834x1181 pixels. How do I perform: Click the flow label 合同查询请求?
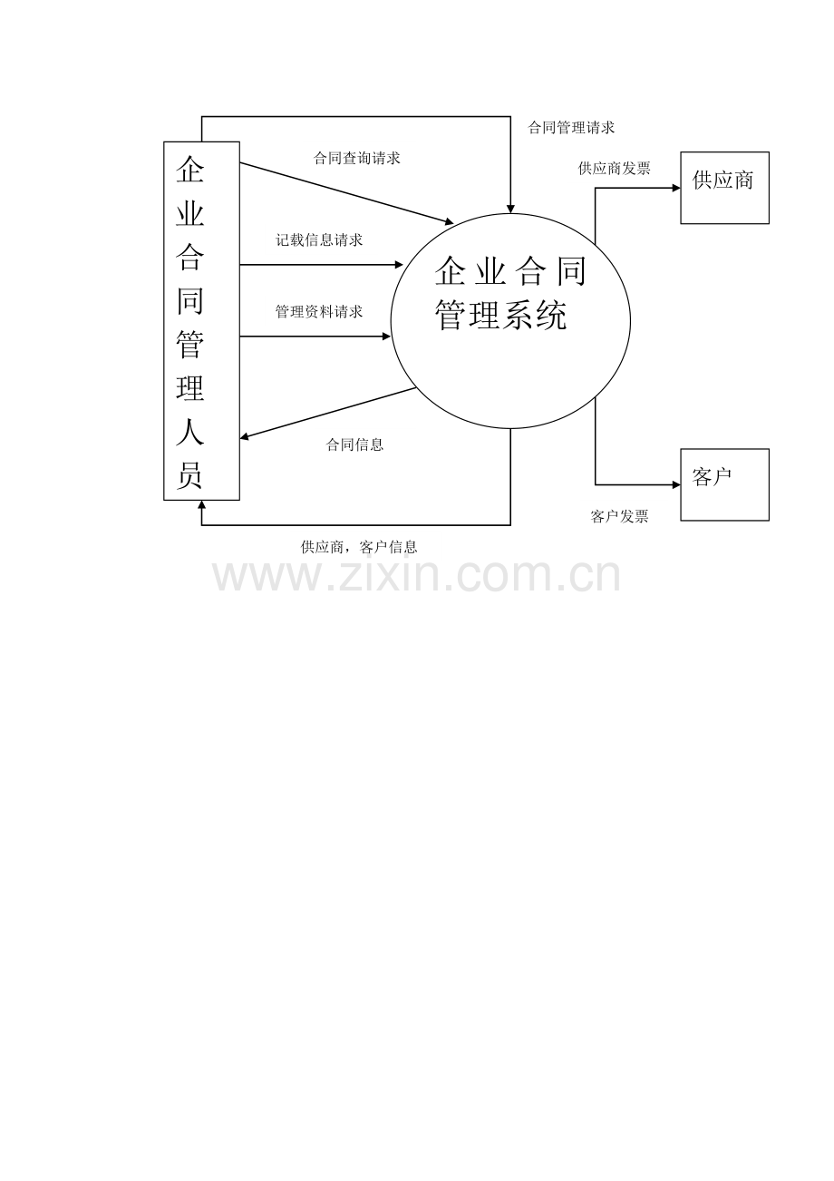(356, 158)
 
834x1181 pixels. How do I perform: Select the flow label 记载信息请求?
(319, 240)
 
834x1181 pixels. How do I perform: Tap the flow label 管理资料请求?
(319, 312)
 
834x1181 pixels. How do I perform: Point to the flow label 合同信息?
(354, 445)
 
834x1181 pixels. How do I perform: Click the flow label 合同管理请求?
(571, 128)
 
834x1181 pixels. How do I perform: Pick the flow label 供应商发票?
(615, 169)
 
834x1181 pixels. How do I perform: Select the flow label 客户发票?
(619, 516)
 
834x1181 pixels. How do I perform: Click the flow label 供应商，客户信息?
(359, 547)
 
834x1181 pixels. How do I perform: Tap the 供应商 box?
(724, 188)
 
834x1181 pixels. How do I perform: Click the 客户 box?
(724, 484)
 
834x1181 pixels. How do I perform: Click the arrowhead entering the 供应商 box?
(676, 188)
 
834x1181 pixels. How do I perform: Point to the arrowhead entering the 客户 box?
(676, 484)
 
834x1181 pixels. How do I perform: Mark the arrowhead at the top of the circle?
(510, 210)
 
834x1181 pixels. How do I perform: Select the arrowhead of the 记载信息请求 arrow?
(399, 265)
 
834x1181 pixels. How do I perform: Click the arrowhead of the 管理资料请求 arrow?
(386, 337)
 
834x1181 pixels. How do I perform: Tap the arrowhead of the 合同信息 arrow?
(245, 436)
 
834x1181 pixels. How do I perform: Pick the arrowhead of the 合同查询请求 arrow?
(449, 222)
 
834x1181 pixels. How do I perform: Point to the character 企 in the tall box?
(189, 170)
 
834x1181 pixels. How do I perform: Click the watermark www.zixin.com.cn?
(416, 576)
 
